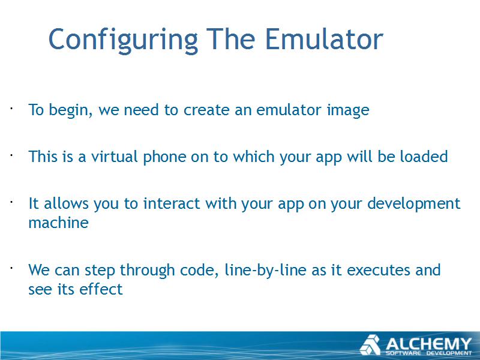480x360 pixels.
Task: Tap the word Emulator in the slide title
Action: [x=323, y=39]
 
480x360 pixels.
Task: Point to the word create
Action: [x=206, y=110]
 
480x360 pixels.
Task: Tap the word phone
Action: [x=164, y=157]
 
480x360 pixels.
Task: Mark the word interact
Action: [x=172, y=203]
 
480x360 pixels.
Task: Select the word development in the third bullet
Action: [x=413, y=204]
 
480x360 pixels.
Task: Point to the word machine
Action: [x=58, y=223]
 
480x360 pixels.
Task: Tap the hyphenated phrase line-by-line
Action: [x=265, y=271]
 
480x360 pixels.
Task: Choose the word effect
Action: [x=101, y=289]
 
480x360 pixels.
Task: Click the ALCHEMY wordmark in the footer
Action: [x=428, y=344]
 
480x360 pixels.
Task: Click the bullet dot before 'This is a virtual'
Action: [x=11, y=155]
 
